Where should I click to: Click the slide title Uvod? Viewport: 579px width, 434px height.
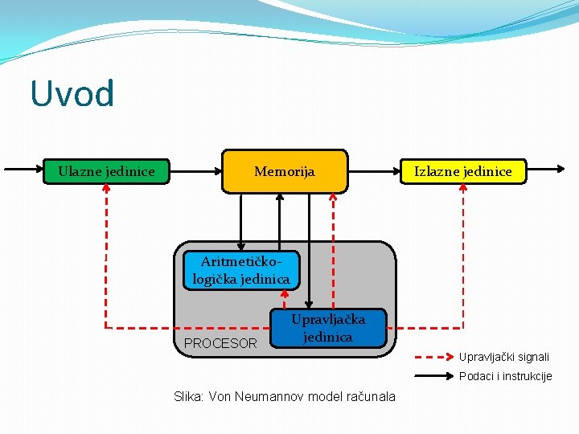tap(72, 93)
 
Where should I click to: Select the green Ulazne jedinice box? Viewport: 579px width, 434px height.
tap(106, 170)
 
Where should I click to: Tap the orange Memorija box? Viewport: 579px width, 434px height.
tap(285, 171)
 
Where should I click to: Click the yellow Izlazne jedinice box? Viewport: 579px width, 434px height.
tap(462, 171)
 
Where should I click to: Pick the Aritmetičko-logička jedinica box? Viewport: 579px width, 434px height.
tap(240, 270)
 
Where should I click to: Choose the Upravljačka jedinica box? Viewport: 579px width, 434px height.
tap(327, 328)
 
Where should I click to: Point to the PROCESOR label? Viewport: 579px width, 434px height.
tap(220, 343)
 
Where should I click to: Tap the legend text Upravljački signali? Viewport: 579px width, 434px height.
tap(504, 356)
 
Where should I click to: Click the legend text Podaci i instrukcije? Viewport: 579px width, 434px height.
tap(505, 376)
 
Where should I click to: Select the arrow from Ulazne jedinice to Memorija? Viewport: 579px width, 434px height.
tap(188, 170)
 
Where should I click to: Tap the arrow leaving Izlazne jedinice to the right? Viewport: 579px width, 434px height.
tap(546, 170)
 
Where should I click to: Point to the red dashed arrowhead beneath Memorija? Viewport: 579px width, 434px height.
tap(335, 197)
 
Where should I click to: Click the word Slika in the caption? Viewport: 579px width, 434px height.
tap(189, 396)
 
